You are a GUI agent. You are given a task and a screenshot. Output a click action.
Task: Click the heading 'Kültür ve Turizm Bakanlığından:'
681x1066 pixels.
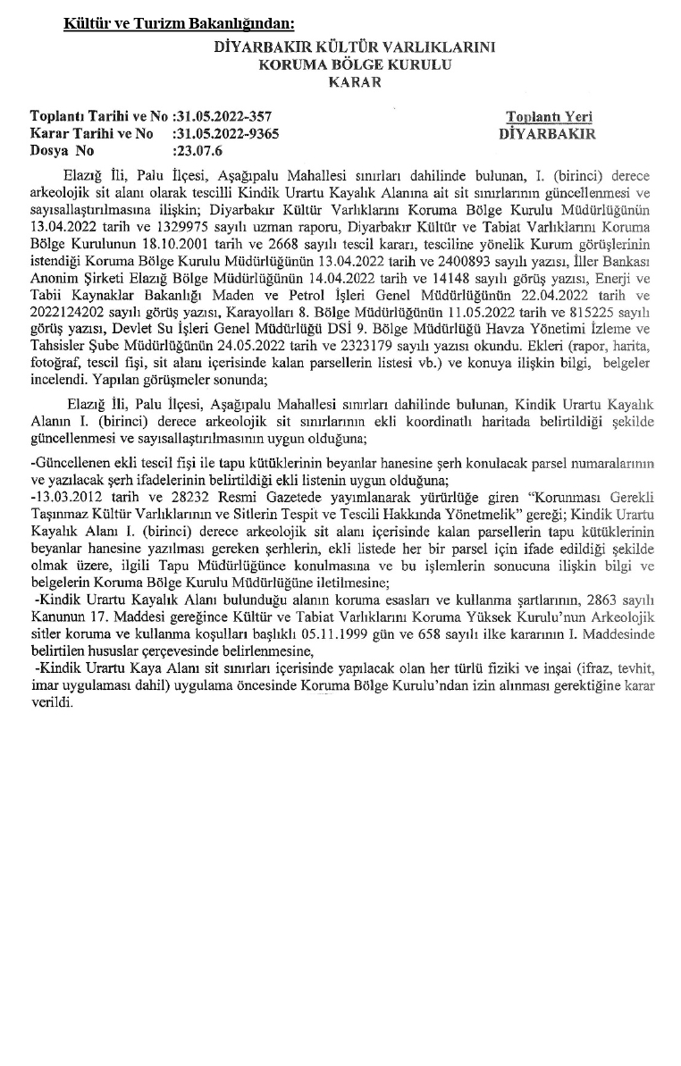pyautogui.click(x=179, y=22)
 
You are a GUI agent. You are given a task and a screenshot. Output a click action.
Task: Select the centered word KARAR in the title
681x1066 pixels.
pyautogui.click(x=355, y=82)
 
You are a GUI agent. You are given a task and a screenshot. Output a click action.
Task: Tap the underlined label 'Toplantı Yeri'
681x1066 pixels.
pyautogui.click(x=549, y=117)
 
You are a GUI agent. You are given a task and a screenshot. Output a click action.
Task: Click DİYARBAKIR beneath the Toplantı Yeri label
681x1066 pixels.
pyautogui.click(x=549, y=134)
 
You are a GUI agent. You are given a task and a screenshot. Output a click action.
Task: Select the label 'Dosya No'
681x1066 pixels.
pyautogui.click(x=62, y=151)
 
